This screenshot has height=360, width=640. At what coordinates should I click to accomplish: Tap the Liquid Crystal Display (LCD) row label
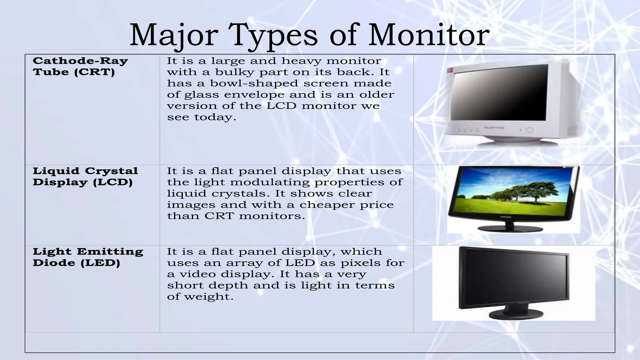(x=85, y=176)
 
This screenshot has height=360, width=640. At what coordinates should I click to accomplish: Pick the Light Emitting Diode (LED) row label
(x=88, y=257)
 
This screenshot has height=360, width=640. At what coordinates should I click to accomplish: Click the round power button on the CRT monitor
(x=529, y=130)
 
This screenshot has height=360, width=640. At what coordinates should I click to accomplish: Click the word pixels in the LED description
(x=359, y=263)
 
